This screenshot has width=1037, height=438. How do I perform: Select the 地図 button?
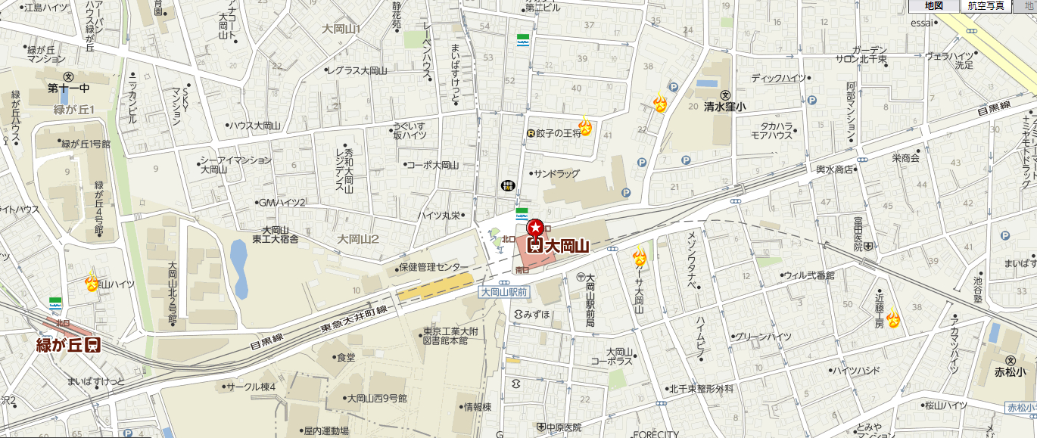click(934, 6)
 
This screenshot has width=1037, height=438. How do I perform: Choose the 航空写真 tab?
click(986, 6)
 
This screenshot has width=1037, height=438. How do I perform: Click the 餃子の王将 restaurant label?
click(558, 133)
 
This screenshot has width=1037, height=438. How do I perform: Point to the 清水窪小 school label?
click(724, 107)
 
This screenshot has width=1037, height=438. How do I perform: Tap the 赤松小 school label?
click(1011, 371)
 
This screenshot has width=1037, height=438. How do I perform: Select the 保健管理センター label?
click(434, 268)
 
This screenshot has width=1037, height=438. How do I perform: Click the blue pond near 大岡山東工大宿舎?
click(240, 269)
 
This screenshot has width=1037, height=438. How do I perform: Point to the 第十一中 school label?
click(68, 89)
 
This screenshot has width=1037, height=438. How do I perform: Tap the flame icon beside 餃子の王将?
click(584, 125)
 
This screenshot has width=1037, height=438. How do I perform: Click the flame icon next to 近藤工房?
click(892, 318)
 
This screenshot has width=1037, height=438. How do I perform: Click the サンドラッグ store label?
click(556, 174)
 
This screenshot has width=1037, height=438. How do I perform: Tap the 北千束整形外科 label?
click(701, 389)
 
